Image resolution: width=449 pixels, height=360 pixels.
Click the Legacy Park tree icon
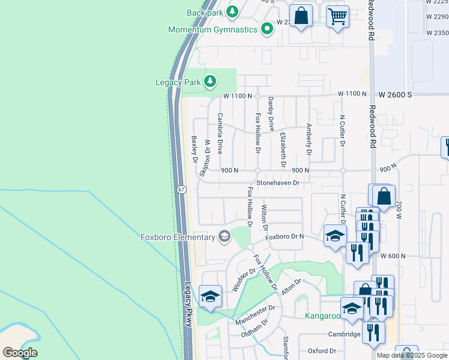(209, 81)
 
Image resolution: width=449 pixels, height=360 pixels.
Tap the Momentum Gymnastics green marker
(267, 29)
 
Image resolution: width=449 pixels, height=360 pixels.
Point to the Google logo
(20, 353)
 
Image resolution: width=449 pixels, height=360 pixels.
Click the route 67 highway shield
(181, 190)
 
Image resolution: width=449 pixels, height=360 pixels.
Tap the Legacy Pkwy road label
(188, 304)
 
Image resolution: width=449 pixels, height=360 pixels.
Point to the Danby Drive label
(271, 114)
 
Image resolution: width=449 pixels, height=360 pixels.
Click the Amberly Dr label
(309, 140)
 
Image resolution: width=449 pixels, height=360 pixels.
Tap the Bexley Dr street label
(194, 149)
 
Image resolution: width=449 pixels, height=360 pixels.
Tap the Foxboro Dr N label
(285, 236)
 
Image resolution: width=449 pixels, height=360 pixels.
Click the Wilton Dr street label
(264, 217)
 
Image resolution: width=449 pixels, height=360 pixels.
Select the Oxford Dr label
(322, 351)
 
